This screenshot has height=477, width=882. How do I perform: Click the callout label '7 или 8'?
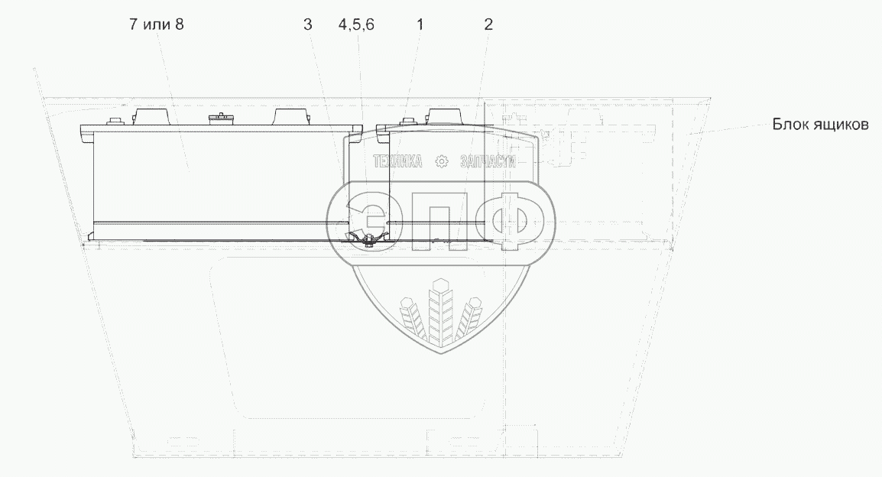click(157, 24)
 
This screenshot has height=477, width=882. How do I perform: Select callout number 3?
click(307, 24)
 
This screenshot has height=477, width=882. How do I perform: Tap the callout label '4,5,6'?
click(356, 24)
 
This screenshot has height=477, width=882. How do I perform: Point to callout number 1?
click(420, 24)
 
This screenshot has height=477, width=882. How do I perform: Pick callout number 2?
click(488, 24)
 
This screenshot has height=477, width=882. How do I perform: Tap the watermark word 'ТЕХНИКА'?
click(397, 161)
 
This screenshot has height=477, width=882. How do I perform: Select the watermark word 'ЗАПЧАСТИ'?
click(488, 161)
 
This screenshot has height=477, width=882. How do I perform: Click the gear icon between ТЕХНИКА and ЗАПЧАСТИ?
click(442, 162)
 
